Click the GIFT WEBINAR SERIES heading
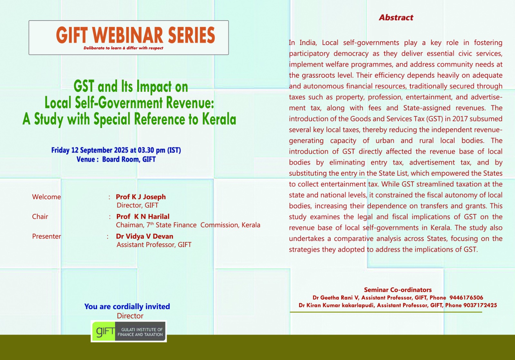(136, 35)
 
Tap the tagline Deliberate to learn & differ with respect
(123, 48)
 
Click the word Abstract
(396, 17)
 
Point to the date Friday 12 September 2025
(90, 150)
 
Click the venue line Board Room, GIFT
(129, 159)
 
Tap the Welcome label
(46, 197)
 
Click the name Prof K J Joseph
(141, 197)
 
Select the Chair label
(40, 217)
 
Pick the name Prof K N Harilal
(143, 217)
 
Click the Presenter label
(46, 236)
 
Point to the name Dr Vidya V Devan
(145, 236)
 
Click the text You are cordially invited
(127, 307)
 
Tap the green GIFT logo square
(103, 331)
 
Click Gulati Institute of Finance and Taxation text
(140, 332)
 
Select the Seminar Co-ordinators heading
(398, 290)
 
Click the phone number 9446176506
(466, 298)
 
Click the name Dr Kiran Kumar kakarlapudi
(336, 305)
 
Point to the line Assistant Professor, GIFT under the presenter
(154, 245)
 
